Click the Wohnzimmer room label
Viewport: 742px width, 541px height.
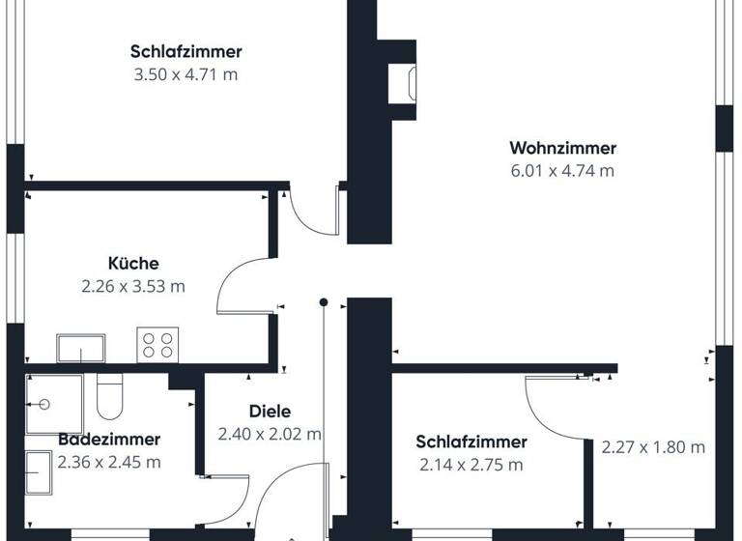[x=562, y=149]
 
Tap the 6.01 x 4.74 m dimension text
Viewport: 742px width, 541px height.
[x=562, y=171]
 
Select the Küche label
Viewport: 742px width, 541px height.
[x=133, y=263]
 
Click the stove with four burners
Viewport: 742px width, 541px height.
[x=159, y=344]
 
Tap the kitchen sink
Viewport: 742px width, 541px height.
[x=81, y=347]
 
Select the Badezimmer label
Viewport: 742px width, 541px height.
[x=108, y=440]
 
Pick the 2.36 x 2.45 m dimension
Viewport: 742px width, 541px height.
[x=108, y=462]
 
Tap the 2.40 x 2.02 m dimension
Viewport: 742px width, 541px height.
[x=269, y=434]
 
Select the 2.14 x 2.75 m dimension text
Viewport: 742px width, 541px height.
[x=471, y=465]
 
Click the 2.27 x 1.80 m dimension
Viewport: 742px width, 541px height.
[x=653, y=447]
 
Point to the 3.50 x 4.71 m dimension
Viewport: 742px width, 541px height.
[x=185, y=74]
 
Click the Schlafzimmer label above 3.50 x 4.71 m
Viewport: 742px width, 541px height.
[x=185, y=52]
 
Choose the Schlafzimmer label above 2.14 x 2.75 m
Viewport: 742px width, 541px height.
[x=471, y=442]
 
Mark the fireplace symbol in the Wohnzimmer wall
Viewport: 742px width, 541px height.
[x=402, y=83]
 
